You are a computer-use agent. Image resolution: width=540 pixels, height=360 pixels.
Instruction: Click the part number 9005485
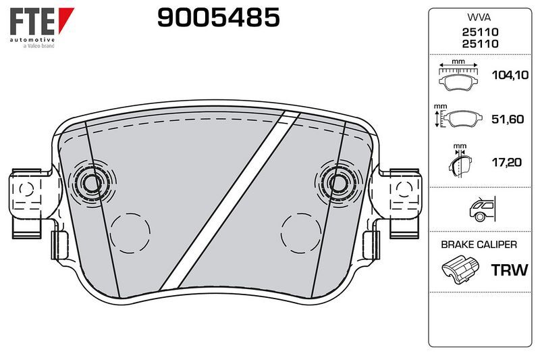coord(218,18)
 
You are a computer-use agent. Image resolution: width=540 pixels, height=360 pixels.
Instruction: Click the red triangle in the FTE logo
coord(65,19)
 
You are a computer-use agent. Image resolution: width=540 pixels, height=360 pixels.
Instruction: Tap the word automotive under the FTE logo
coord(32,40)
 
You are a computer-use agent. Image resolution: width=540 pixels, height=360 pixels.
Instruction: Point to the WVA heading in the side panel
coord(479,18)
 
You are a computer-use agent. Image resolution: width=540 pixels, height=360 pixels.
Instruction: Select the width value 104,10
coord(510,75)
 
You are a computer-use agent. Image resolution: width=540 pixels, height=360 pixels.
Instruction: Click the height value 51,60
coord(508,119)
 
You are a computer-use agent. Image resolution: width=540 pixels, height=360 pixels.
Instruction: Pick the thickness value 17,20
coord(507,162)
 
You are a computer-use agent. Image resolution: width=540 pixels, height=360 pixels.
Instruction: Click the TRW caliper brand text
coord(510,269)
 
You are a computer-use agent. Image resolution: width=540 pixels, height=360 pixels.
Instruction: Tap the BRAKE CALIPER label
coord(479,245)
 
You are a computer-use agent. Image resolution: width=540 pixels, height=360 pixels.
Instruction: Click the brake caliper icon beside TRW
coord(460,269)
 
